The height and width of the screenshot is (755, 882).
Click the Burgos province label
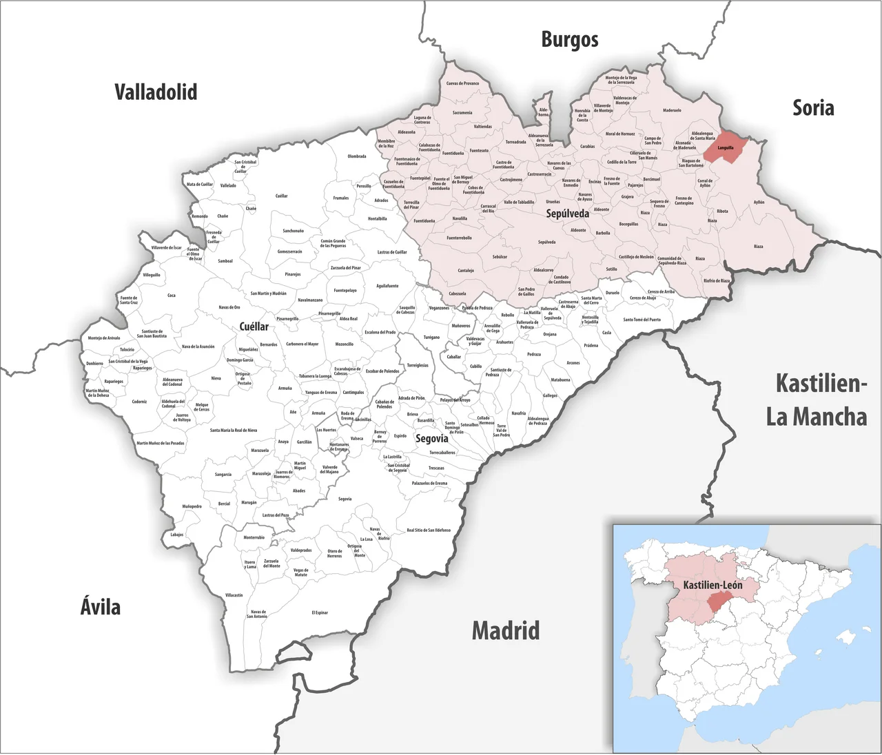[x=569, y=40]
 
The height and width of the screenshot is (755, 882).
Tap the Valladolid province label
[x=156, y=92]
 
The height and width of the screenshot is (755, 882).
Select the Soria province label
[x=813, y=108]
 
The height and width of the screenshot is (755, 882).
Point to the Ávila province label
[x=101, y=607]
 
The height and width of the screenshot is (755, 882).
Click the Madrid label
[x=505, y=630]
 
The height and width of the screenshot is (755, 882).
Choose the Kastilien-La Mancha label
[x=817, y=400]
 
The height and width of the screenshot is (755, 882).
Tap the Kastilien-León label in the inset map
[x=712, y=585]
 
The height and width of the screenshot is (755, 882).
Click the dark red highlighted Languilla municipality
[x=725, y=147]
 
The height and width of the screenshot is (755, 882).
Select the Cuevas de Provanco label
[x=462, y=83]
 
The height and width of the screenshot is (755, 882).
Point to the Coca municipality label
[x=172, y=296]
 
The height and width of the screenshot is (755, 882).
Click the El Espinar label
[x=320, y=612]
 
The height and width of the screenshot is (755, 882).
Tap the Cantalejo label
[x=466, y=271]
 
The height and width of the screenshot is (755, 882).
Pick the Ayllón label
[x=759, y=203]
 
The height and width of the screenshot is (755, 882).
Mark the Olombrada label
[x=357, y=156]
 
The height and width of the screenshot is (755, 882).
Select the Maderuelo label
[x=672, y=110]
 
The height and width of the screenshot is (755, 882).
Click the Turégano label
[x=431, y=338]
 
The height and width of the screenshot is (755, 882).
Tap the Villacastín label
[x=234, y=595]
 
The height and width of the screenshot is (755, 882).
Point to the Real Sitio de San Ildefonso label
[x=429, y=530]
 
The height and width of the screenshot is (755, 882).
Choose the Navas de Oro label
[x=229, y=307]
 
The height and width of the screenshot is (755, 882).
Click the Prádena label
[x=591, y=346]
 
